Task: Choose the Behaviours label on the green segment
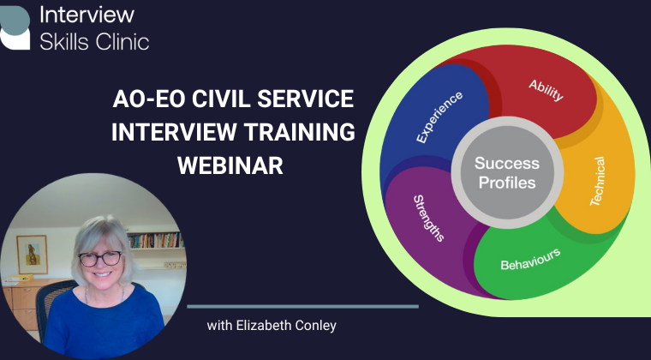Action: click(x=530, y=259)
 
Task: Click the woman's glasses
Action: click(x=99, y=258)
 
